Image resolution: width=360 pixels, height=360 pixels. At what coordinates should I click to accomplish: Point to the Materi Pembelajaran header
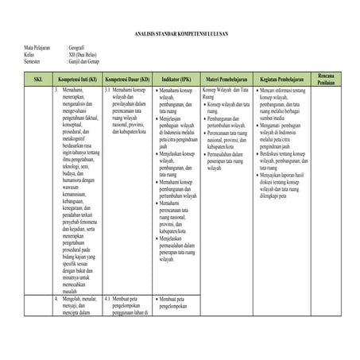pyautogui.click(x=228, y=80)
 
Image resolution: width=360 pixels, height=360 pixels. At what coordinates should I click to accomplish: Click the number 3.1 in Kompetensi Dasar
pyautogui.click(x=107, y=91)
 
